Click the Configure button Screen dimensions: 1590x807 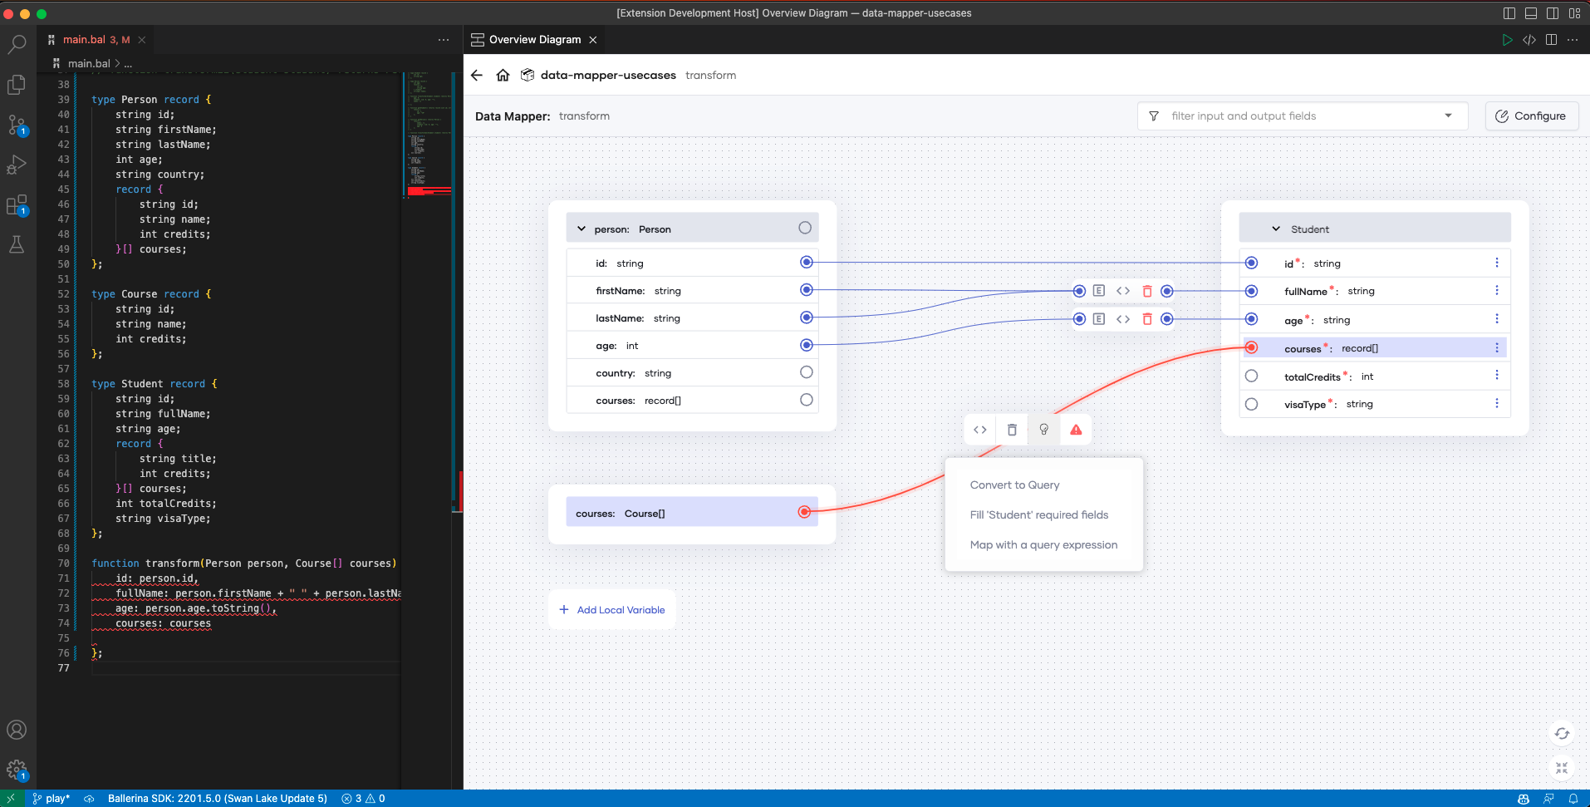point(1531,116)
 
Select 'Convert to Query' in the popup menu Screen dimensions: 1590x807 point(1014,485)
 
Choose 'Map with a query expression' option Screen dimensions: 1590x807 point(1043,545)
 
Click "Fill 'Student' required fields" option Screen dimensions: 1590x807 point(1039,515)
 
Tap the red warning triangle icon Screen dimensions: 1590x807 point(1076,430)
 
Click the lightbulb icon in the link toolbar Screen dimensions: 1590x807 point(1044,430)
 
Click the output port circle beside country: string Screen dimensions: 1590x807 point(806,372)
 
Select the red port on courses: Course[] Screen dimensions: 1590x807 point(804,512)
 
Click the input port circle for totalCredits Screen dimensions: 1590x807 point(1251,376)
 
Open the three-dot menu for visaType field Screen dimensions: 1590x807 point(1497,404)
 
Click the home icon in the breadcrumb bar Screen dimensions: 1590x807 point(503,75)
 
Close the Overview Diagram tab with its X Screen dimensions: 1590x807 point(593,40)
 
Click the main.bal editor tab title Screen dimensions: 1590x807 point(85,40)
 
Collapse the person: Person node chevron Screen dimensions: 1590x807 point(582,229)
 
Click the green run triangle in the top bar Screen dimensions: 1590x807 point(1507,40)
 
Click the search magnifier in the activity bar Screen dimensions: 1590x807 point(17,43)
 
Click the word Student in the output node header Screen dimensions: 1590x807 point(1310,229)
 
